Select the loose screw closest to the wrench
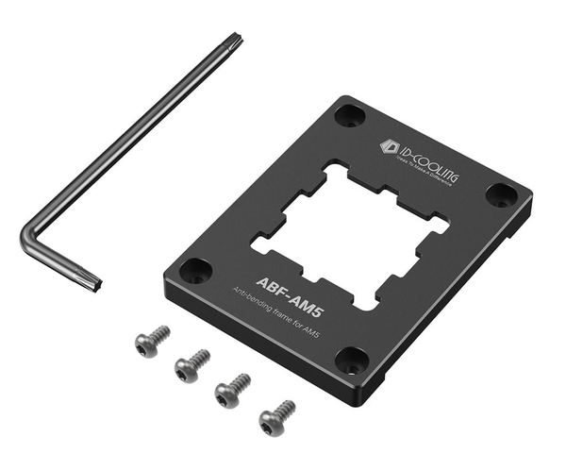coord(151,342)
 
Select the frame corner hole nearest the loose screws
coord(352,360)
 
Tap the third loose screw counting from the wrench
coord(233,388)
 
